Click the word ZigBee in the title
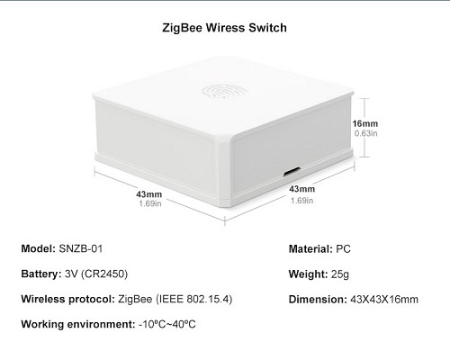183,28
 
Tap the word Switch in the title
267,28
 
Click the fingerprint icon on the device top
224,91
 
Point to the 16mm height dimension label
365,123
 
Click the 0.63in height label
365,133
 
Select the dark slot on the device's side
292,172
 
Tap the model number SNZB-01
81,248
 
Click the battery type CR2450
104,274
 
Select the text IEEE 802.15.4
194,299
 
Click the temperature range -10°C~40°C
167,324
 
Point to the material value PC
343,249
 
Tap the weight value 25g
340,274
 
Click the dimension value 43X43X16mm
384,300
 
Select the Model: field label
39,248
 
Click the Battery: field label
41,274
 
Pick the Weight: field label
309,274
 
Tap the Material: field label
310,249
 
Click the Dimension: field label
318,300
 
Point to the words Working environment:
78,325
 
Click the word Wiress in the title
226,28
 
